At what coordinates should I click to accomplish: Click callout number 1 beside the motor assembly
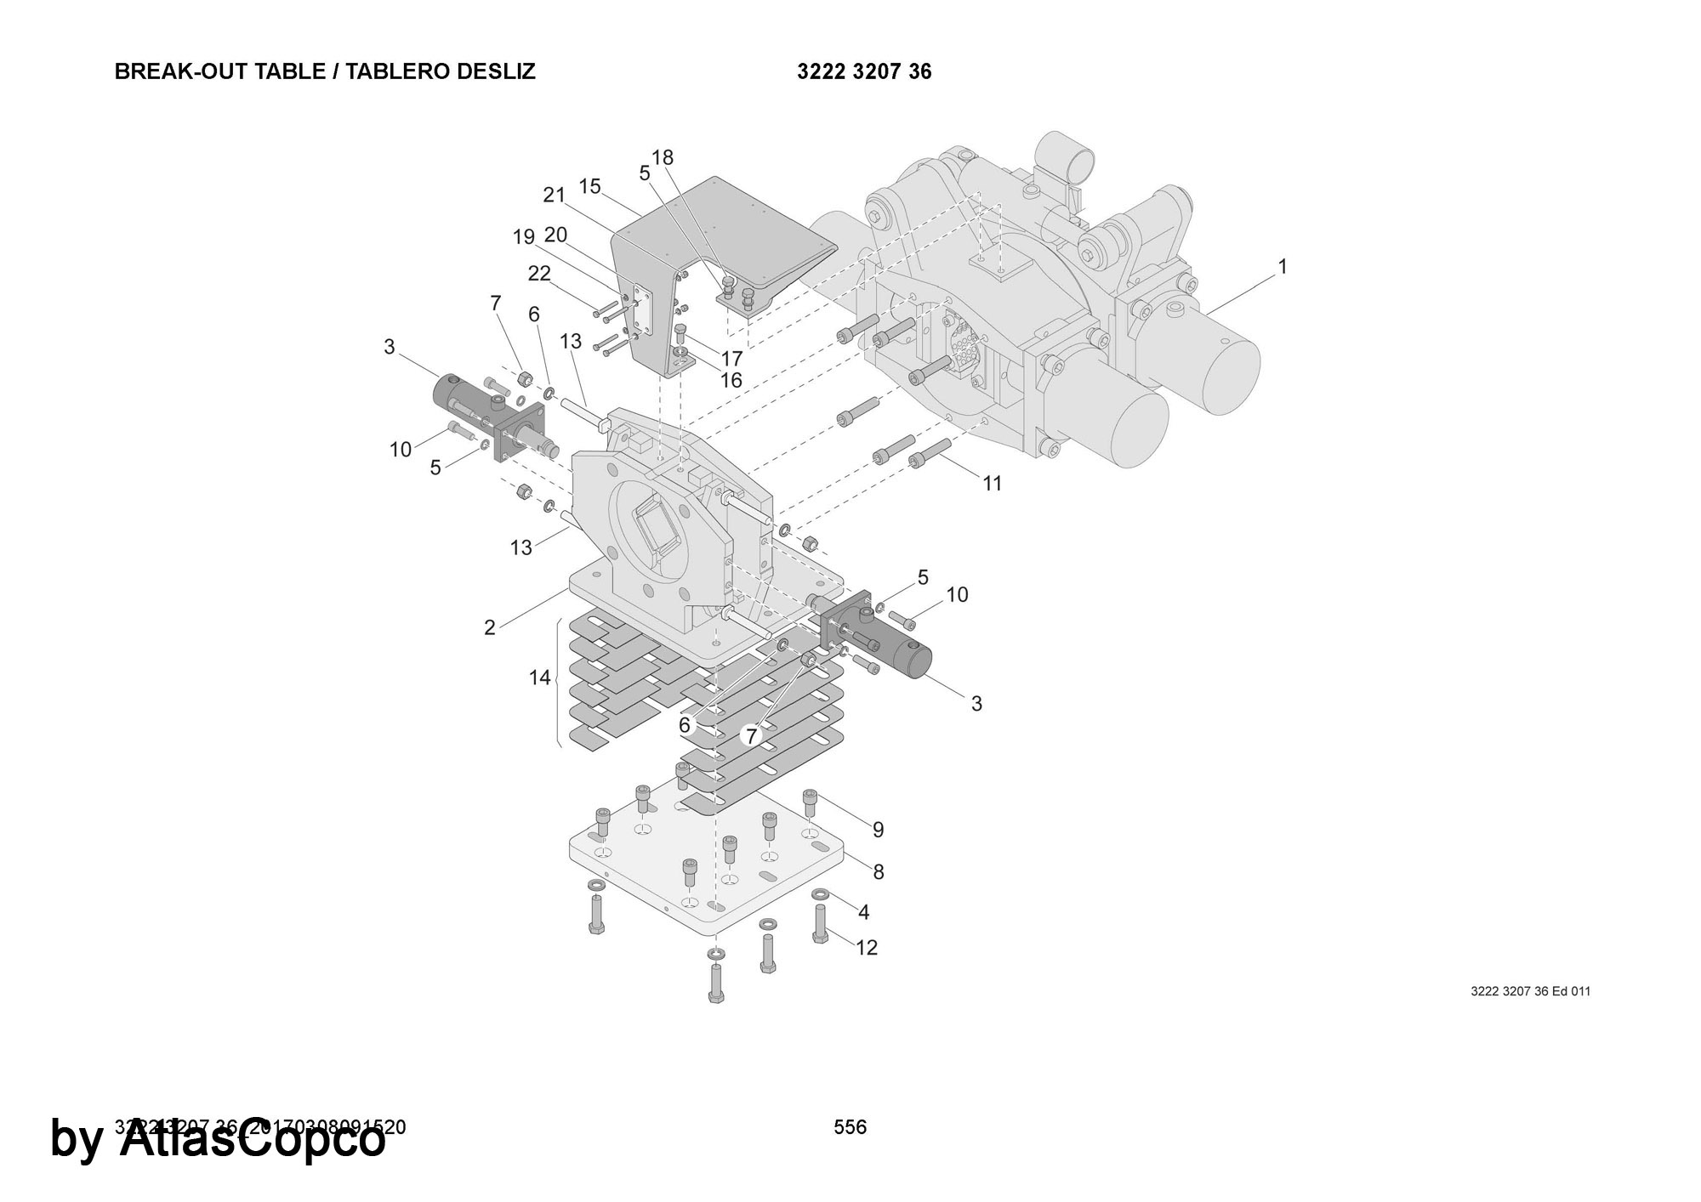(x=1283, y=267)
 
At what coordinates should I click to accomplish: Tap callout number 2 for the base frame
(x=489, y=627)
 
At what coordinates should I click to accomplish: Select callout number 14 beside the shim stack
(x=540, y=678)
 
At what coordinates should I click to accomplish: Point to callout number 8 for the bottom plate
(x=879, y=871)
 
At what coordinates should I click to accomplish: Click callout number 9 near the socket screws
(x=879, y=829)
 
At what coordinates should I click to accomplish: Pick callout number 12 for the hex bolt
(x=867, y=947)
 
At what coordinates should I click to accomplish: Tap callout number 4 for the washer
(x=863, y=912)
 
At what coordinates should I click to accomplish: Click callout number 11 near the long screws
(x=993, y=484)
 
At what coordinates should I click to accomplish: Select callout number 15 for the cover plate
(x=589, y=186)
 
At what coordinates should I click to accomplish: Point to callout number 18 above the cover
(x=663, y=157)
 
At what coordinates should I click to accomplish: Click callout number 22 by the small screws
(x=539, y=273)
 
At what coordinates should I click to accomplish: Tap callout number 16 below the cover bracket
(x=731, y=380)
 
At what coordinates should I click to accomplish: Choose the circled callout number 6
(x=685, y=725)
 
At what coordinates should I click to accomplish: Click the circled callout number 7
(x=750, y=735)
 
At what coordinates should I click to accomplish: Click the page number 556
(x=850, y=1127)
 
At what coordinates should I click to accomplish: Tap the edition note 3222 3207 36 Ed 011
(x=1530, y=991)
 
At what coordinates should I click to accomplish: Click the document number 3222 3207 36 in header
(x=864, y=71)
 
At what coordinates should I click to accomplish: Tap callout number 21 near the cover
(x=554, y=195)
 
